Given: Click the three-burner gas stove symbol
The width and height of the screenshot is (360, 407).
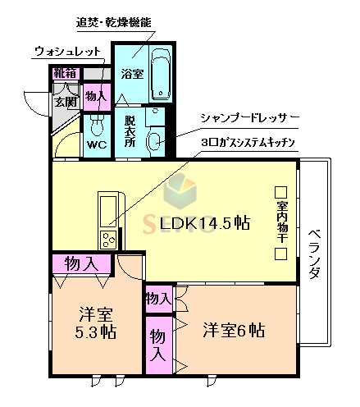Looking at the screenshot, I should click(x=108, y=238).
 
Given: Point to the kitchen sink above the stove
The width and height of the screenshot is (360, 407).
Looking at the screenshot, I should click(x=108, y=209).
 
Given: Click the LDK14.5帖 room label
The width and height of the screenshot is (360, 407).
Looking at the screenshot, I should click(x=204, y=223).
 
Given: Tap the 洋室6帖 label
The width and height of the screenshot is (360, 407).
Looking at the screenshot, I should click(x=234, y=331).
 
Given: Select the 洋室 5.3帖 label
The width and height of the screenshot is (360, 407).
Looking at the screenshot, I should click(x=97, y=323).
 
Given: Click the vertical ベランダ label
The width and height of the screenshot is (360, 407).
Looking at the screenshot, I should click(x=315, y=254).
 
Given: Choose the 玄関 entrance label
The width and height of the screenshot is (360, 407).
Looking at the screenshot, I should click(x=66, y=103).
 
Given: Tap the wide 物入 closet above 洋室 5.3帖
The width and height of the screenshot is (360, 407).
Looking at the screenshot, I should click(x=83, y=263).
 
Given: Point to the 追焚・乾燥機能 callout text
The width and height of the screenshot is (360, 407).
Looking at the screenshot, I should click(x=115, y=23).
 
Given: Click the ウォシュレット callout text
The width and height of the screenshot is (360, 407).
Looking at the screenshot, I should click(x=68, y=52).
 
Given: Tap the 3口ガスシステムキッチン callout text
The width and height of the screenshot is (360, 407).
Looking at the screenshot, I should click(x=247, y=142).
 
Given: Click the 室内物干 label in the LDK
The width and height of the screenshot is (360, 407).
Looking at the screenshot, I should click(x=280, y=221).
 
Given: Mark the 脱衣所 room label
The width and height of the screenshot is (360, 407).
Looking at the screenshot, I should click(x=130, y=131).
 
